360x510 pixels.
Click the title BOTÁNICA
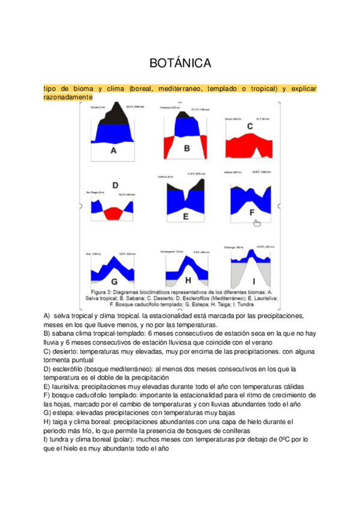coord(179,63)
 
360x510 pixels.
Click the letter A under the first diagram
coord(113,151)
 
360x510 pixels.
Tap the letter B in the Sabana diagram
coord(187,148)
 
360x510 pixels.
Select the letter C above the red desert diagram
coord(249,126)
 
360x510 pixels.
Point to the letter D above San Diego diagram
coord(115,185)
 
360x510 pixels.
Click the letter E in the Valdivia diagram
coord(186,216)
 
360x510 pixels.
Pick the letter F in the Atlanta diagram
coord(252,212)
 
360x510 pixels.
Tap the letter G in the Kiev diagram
coord(112,280)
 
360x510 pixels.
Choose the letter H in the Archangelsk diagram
coord(188,280)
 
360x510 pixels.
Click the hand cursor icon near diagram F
coord(257,223)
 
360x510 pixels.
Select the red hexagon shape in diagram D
coord(112,213)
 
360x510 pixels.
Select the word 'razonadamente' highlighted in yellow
coord(68,97)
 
